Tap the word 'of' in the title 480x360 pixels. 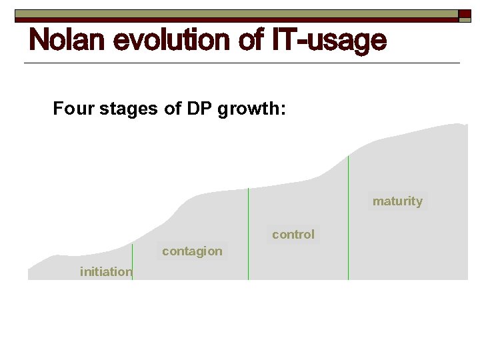pyautogui.click(x=251, y=41)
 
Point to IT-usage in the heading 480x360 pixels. pyautogui.click(x=329, y=41)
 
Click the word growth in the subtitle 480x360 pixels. pyautogui.click(x=249, y=109)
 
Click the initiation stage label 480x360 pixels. pyautogui.click(x=105, y=271)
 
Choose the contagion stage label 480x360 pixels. pyautogui.click(x=192, y=251)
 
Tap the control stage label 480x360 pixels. pyautogui.click(x=293, y=235)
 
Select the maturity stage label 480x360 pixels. pyautogui.click(x=397, y=201)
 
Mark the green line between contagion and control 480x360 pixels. pyautogui.click(x=248, y=233)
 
